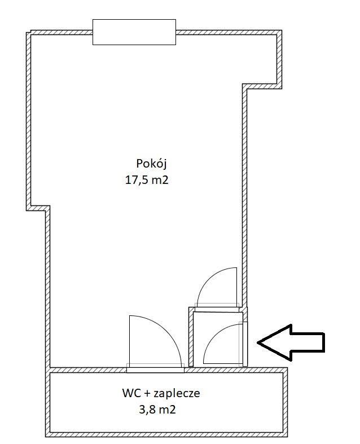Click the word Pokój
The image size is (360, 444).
(x=151, y=164)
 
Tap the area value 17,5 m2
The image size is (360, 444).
(x=147, y=180)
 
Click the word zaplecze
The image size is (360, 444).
(x=177, y=393)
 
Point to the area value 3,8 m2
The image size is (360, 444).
(x=157, y=410)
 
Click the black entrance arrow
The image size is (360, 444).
(x=291, y=342)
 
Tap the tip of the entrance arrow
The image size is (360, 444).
(x=257, y=342)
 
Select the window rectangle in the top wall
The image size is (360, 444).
(x=134, y=32)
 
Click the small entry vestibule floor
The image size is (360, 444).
(x=218, y=339)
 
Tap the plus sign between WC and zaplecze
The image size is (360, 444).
(x=147, y=394)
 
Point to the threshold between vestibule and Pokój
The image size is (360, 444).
(x=217, y=309)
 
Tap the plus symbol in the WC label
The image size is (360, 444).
(x=147, y=394)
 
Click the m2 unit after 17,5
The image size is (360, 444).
(x=160, y=180)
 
